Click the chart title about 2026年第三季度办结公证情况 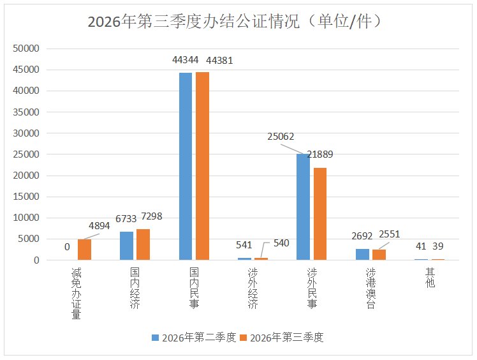pos(234,22)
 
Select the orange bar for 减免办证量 pos(85,250)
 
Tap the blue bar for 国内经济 pos(126,246)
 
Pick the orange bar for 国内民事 pos(202,166)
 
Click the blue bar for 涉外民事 pos(304,207)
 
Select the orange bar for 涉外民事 pos(320,214)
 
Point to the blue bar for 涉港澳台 pos(363,254)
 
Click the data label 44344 pos(186,60)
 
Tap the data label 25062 pos(281,137)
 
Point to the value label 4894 pos(99,226)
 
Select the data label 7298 pos(152,216)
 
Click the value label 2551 pos(390,234)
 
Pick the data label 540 pos(281,243)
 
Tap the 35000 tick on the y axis pos(26,112)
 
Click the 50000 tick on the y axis pos(26,49)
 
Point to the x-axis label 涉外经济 pos(253,288)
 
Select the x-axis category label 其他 pos(430,278)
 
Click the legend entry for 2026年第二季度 pos(194,338)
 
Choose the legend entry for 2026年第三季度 pos(282,338)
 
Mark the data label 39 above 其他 pos(437,246)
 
